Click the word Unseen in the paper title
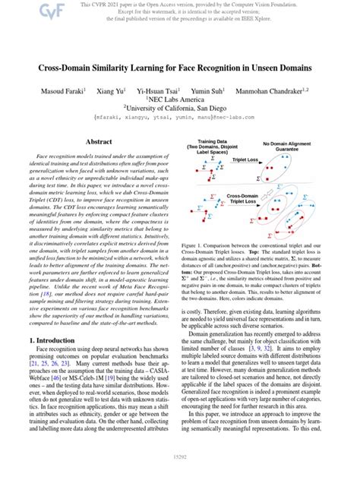point(275,68)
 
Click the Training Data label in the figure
point(216,143)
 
